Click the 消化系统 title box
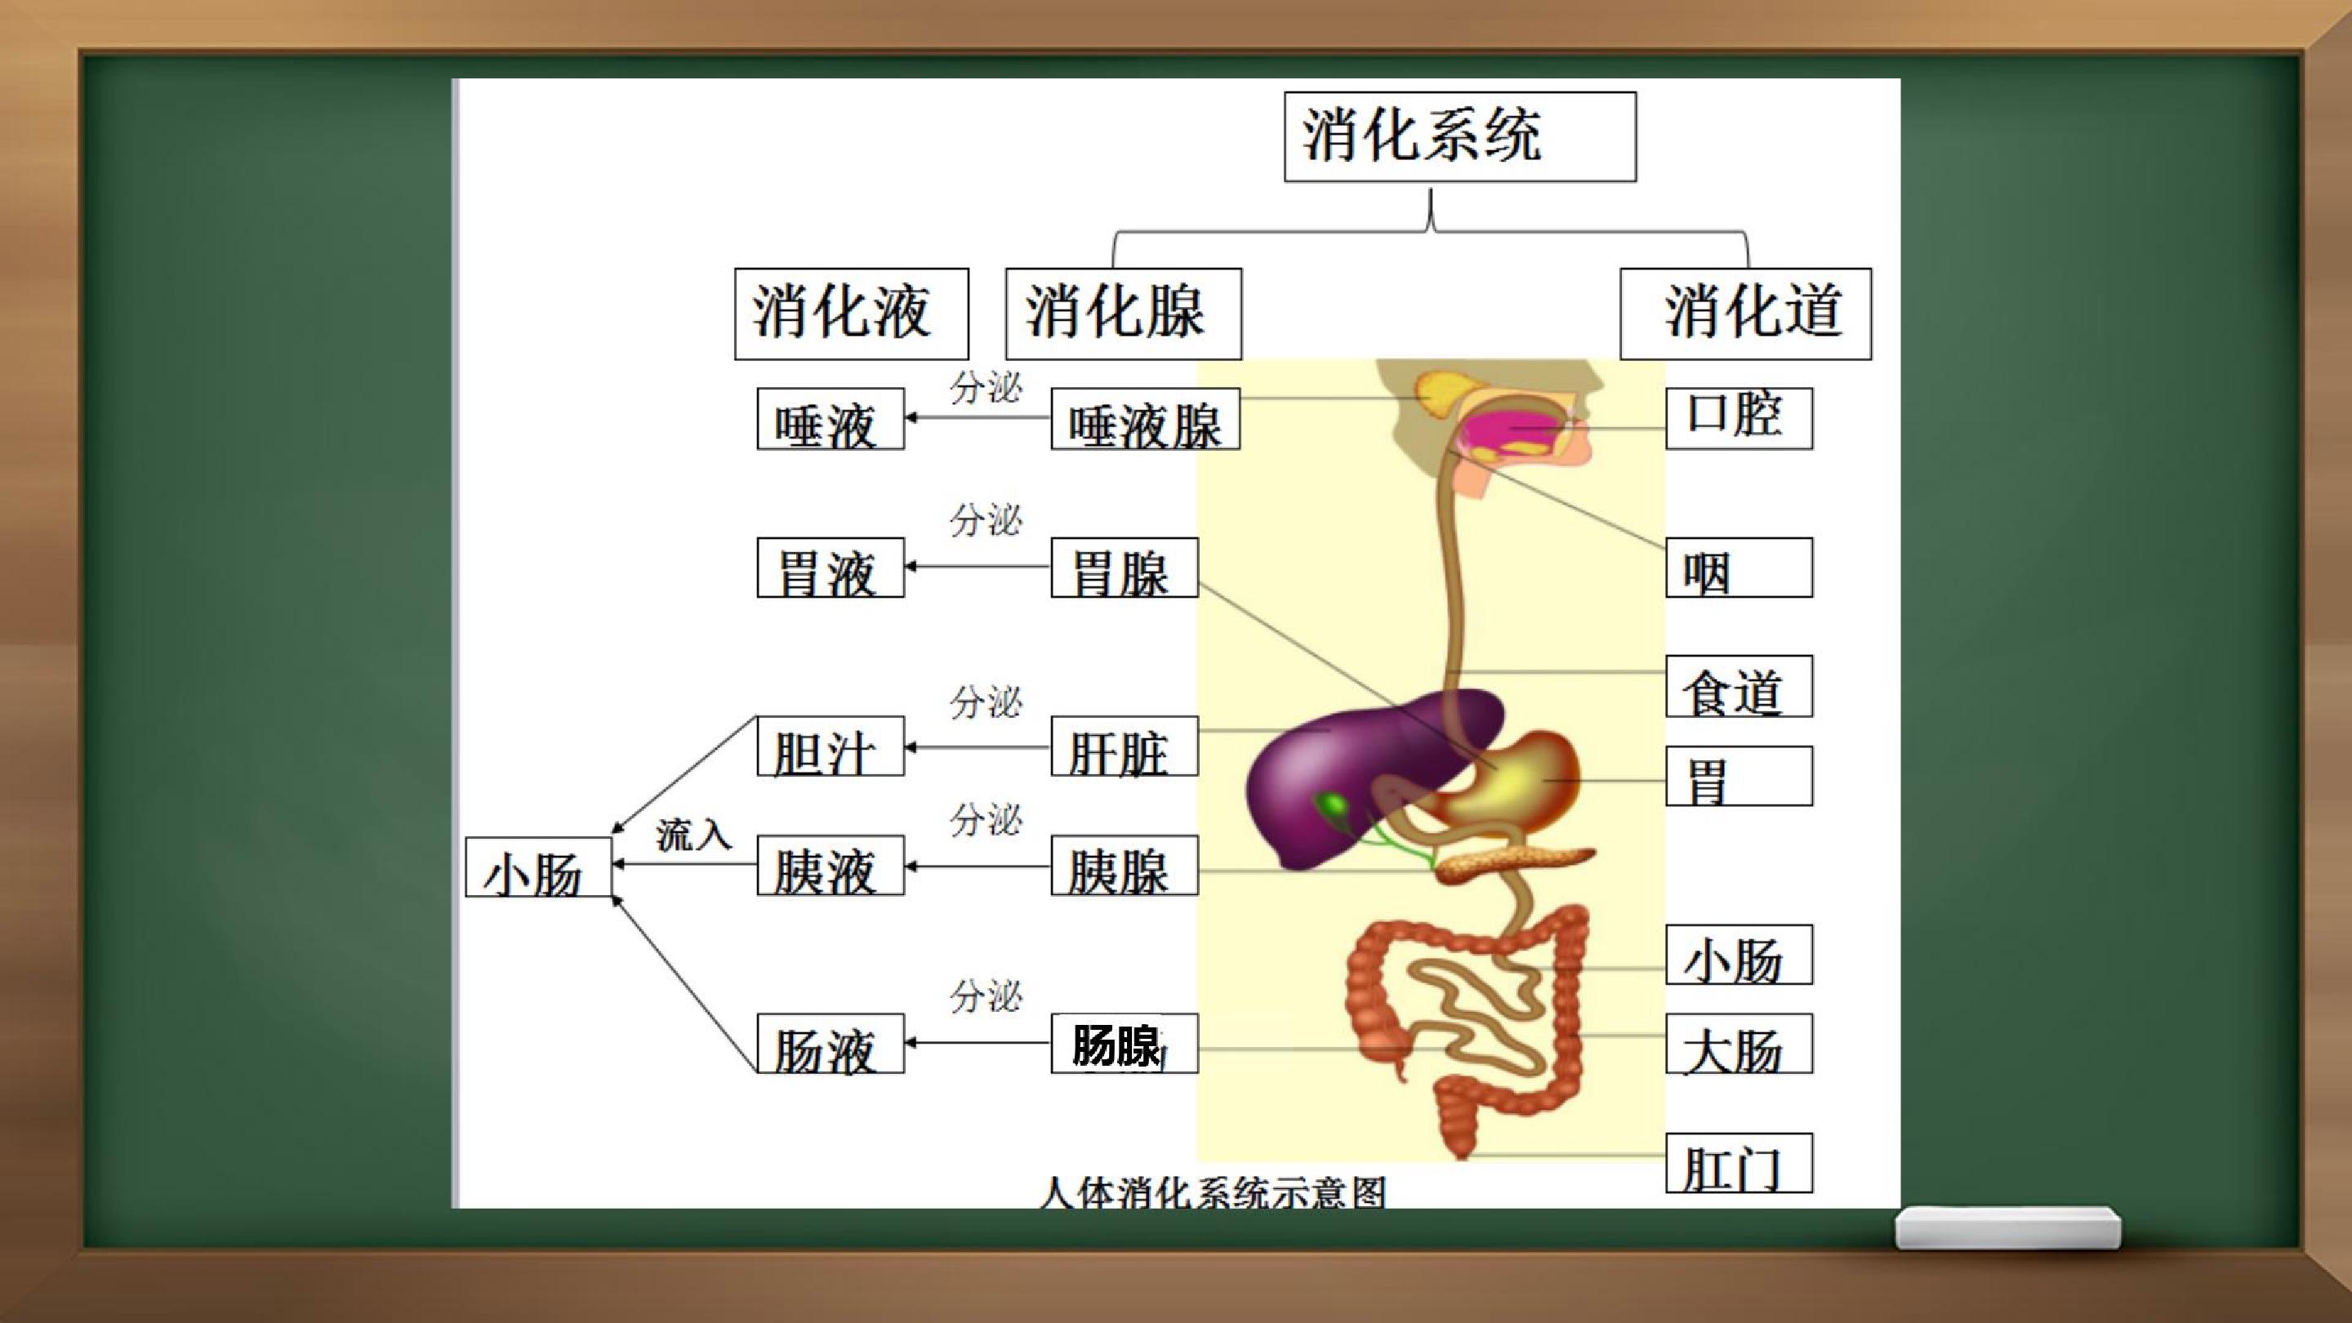(1460, 137)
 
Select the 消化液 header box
(851, 313)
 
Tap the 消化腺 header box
(1123, 313)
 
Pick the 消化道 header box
(1746, 313)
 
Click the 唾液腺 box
(1145, 419)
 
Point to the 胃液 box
(831, 568)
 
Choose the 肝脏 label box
(1124, 746)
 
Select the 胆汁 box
(831, 746)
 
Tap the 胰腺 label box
(1124, 865)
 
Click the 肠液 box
(831, 1043)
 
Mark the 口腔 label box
(1739, 419)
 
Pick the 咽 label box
(1739, 568)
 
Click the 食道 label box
(1739, 687)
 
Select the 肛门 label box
(1739, 1163)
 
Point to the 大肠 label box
(1739, 1044)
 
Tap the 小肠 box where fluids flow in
(539, 866)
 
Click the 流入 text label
(694, 834)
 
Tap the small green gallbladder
(1332, 806)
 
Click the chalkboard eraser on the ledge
(2008, 1228)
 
